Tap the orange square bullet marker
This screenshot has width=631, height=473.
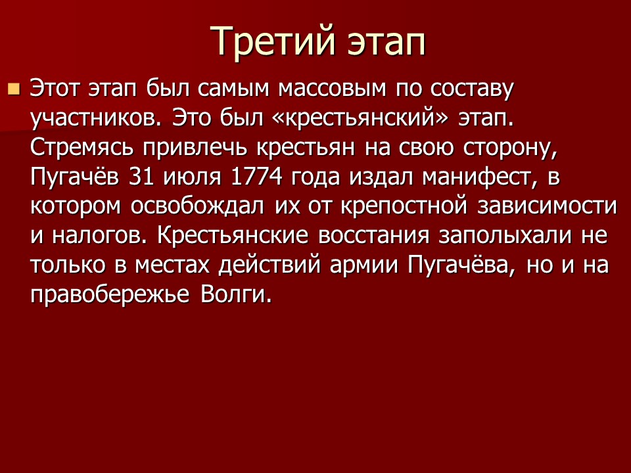pos(14,88)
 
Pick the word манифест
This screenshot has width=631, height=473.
pos(469,176)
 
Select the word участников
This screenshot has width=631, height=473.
pos(93,118)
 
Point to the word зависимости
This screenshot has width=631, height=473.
pos(546,205)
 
